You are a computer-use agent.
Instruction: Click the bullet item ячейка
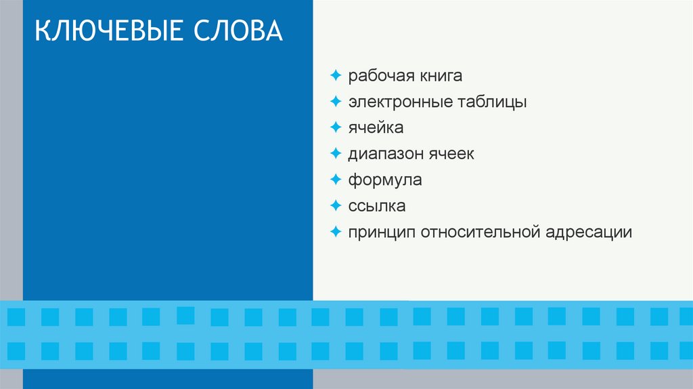tap(376, 127)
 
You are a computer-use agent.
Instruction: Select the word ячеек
tap(451, 154)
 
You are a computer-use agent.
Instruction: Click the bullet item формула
tap(385, 180)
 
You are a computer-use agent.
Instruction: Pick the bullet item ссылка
tap(377, 206)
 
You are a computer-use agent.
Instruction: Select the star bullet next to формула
tap(336, 180)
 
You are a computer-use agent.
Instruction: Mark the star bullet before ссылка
tap(336, 205)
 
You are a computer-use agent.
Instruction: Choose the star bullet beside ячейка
tap(336, 127)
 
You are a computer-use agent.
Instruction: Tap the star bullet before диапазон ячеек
tap(336, 153)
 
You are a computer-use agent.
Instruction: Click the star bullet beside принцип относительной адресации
tap(336, 232)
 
